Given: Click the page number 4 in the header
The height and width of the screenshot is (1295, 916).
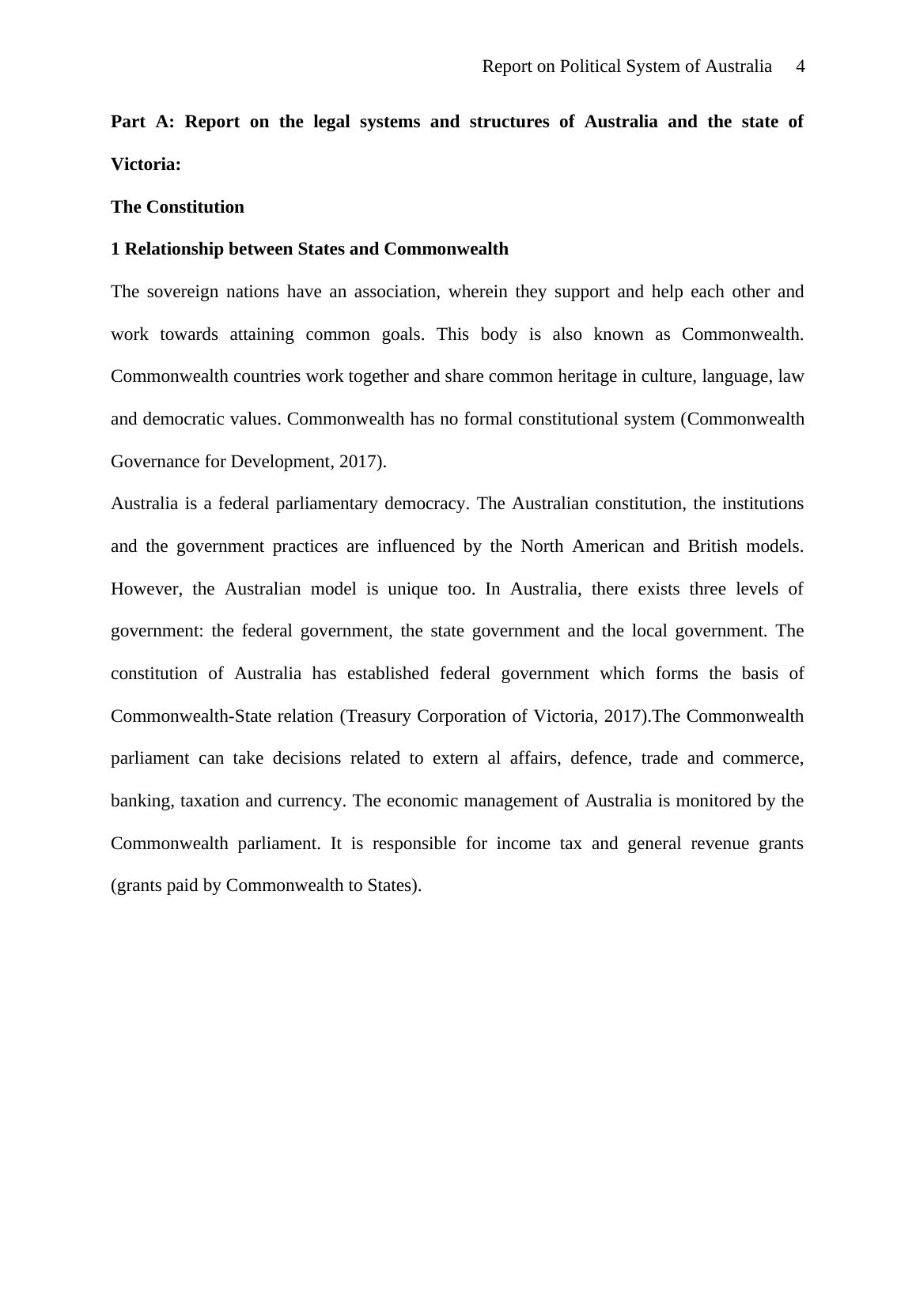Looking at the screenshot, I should [x=800, y=66].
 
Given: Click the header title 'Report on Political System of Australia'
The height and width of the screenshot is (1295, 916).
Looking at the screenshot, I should [x=626, y=66].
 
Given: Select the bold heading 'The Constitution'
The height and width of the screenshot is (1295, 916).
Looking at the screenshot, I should [x=177, y=207].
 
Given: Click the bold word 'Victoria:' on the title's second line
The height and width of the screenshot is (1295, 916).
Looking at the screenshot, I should [x=146, y=164].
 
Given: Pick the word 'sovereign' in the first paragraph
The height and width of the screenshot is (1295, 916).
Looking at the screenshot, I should [x=183, y=292].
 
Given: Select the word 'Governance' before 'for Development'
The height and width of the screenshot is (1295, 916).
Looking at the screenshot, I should [x=155, y=462].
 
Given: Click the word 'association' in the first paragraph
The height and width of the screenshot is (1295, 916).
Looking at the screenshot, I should [x=396, y=292].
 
